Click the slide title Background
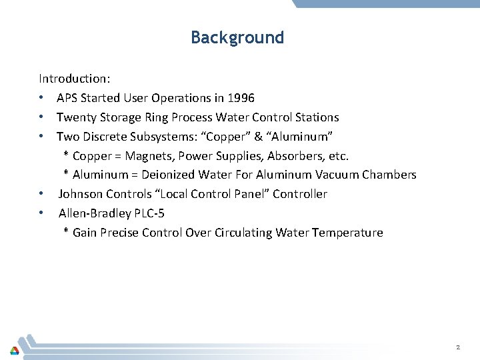(237, 37)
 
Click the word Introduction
(73, 79)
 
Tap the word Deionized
(168, 175)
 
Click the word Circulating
(244, 233)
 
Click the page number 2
(458, 347)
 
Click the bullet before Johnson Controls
(42, 194)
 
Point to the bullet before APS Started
(42, 98)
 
